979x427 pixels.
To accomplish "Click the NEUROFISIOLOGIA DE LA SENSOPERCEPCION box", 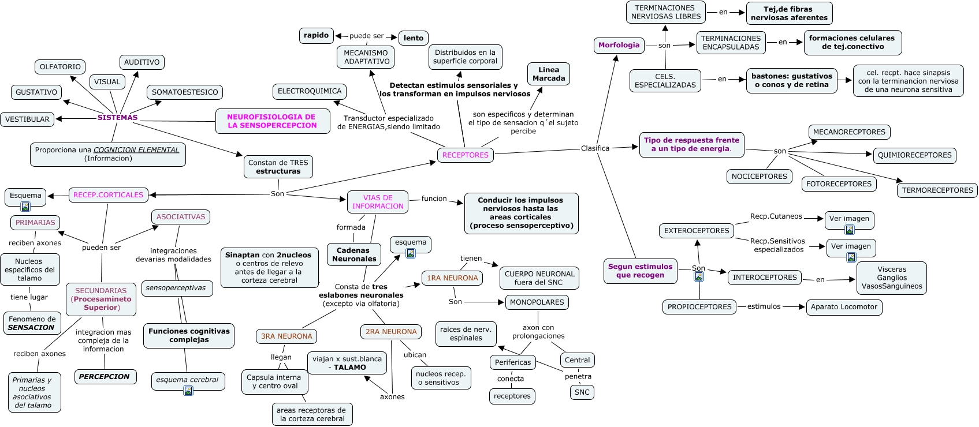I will (271, 121).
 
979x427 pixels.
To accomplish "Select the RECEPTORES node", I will (465, 155).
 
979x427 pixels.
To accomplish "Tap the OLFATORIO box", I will (60, 67).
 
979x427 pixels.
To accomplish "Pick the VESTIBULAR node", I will (27, 119).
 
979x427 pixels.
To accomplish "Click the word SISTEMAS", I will (117, 118).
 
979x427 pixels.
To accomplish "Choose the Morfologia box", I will (619, 45).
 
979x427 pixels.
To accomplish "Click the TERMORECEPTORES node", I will (937, 190).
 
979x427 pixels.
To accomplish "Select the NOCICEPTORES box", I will (759, 177).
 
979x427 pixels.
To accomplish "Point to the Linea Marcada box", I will (549, 74).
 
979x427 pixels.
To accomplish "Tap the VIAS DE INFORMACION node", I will (378, 202).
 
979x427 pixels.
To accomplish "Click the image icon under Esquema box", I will (25, 207).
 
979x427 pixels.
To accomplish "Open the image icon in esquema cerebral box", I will (188, 391).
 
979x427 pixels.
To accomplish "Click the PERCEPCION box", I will (105, 377).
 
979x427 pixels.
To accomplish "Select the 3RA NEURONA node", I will (286, 336).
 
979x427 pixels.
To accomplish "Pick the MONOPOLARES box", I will (537, 302).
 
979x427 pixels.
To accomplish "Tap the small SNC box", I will (582, 392).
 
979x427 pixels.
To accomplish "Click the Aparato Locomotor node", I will (843, 307).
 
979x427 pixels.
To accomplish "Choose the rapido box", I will (316, 36).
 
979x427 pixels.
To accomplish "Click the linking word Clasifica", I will (595, 149).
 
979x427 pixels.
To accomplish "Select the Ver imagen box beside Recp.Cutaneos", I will (849, 219).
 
